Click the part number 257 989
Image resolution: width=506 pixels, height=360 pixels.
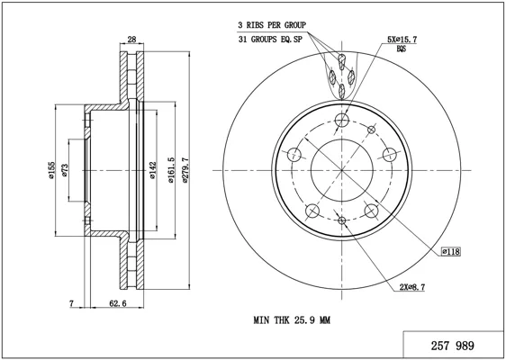pyautogui.click(x=453, y=346)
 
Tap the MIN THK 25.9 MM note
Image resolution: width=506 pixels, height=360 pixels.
pyautogui.click(x=292, y=320)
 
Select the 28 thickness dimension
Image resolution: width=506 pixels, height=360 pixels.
pyautogui.click(x=131, y=40)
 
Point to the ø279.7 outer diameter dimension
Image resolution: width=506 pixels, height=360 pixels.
pyautogui.click(x=185, y=170)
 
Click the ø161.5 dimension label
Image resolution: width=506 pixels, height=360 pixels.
pyautogui.click(x=171, y=170)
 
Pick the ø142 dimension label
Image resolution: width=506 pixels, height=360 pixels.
pyautogui.click(x=153, y=170)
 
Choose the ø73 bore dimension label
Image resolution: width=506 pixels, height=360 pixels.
pyautogui.click(x=65, y=170)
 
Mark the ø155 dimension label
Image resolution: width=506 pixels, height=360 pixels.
pyautogui.click(x=51, y=170)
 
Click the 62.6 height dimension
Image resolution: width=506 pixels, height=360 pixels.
pyautogui.click(x=118, y=303)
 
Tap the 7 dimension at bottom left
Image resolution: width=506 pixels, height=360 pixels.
pyautogui.click(x=72, y=303)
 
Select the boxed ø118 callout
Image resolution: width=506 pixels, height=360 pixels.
pyautogui.click(x=451, y=251)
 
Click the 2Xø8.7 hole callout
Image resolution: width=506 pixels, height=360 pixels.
pyautogui.click(x=412, y=287)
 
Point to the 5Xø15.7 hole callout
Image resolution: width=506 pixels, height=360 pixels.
pyautogui.click(x=402, y=40)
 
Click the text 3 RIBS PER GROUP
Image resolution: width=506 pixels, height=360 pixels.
pyautogui.click(x=272, y=25)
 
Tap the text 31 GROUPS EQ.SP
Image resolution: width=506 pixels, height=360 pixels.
pyautogui.click(x=270, y=40)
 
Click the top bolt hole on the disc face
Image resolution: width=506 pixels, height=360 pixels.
pyautogui.click(x=342, y=121)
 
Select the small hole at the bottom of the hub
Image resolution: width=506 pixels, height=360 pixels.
pyautogui.click(x=342, y=220)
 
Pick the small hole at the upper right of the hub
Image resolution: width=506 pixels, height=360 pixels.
pyautogui.click(x=372, y=130)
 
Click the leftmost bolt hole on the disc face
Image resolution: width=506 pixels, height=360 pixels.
pyautogui.click(x=294, y=155)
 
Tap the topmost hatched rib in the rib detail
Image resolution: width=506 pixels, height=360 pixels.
pyautogui.click(x=342, y=61)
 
